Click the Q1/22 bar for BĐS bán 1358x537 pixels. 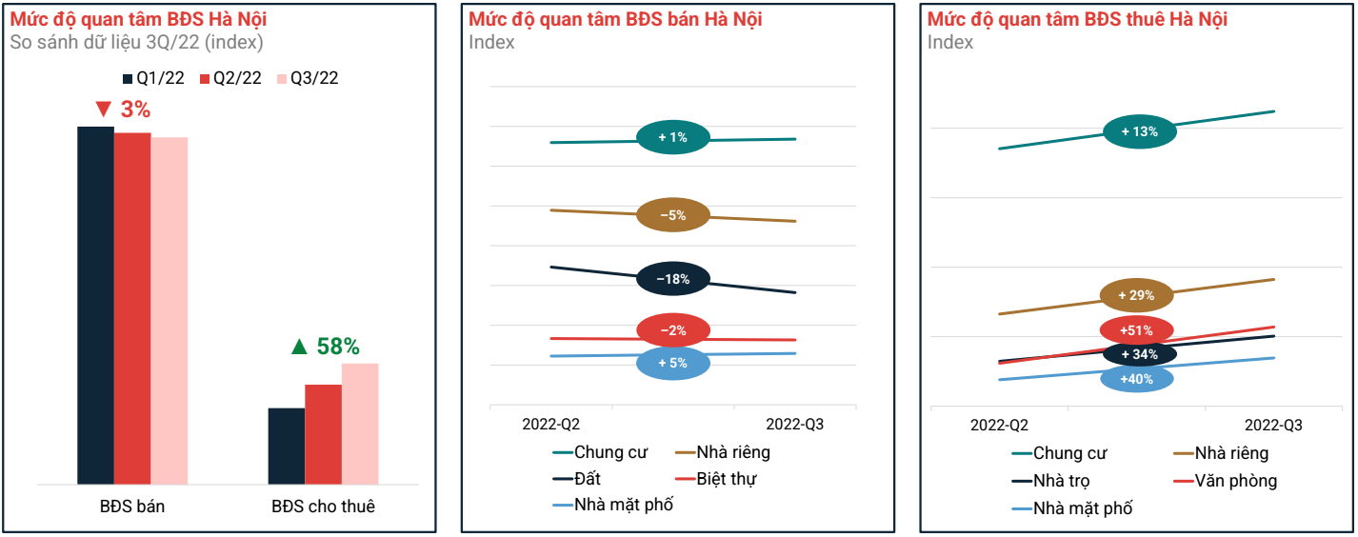95,305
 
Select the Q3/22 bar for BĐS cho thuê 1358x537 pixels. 360,424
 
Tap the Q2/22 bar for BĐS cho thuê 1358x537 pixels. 323,434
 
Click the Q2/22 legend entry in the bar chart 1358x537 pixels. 230,78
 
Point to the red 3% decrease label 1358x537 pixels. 123,109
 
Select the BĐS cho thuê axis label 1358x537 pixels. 323,507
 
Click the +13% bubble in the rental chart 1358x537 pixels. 1139,131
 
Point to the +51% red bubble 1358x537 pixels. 1137,330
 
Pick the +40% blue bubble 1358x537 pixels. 1137,379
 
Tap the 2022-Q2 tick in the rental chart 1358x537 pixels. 999,425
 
